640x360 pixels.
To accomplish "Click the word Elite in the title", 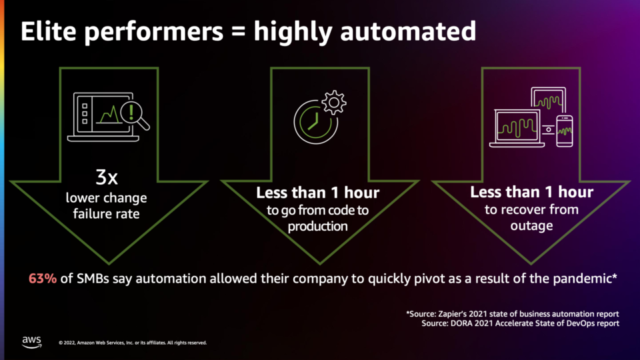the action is click(48, 31).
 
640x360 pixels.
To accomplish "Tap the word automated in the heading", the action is click(408, 31).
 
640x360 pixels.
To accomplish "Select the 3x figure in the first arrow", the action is click(107, 177).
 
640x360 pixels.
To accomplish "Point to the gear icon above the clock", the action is click(334, 102).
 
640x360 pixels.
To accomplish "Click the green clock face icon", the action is click(315, 122).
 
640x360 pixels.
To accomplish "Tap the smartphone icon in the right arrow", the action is click(565, 131).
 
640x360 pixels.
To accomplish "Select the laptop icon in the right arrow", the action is click(517, 128).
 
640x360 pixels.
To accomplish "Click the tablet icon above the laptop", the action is click(549, 100).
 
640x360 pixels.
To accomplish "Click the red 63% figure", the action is click(43, 279).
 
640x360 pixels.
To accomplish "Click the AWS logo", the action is click(32, 342).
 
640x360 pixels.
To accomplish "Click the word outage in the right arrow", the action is click(531, 225).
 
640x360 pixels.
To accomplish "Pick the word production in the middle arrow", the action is click(317, 226).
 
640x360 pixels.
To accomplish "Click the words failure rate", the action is click(106, 213).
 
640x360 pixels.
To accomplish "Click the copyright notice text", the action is click(133, 343).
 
